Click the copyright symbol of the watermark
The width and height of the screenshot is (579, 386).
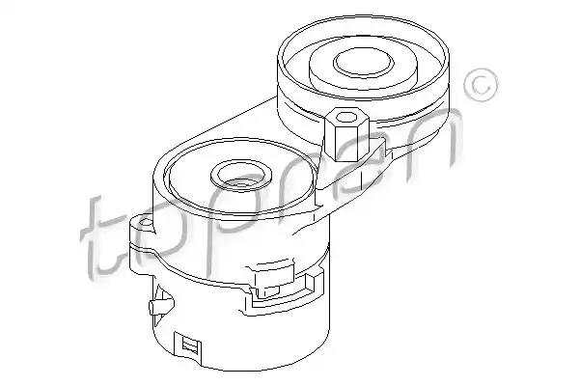[482, 85]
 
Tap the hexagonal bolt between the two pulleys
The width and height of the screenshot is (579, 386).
[346, 134]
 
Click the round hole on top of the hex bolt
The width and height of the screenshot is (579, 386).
[346, 117]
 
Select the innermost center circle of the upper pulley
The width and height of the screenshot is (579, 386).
[362, 63]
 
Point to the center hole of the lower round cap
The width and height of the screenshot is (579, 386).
[241, 174]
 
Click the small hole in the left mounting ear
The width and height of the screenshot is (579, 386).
[147, 222]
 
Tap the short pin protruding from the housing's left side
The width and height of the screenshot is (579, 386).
[157, 306]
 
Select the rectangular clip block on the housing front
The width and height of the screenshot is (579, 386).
[274, 280]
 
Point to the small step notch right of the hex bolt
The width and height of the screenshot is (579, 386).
[386, 146]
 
